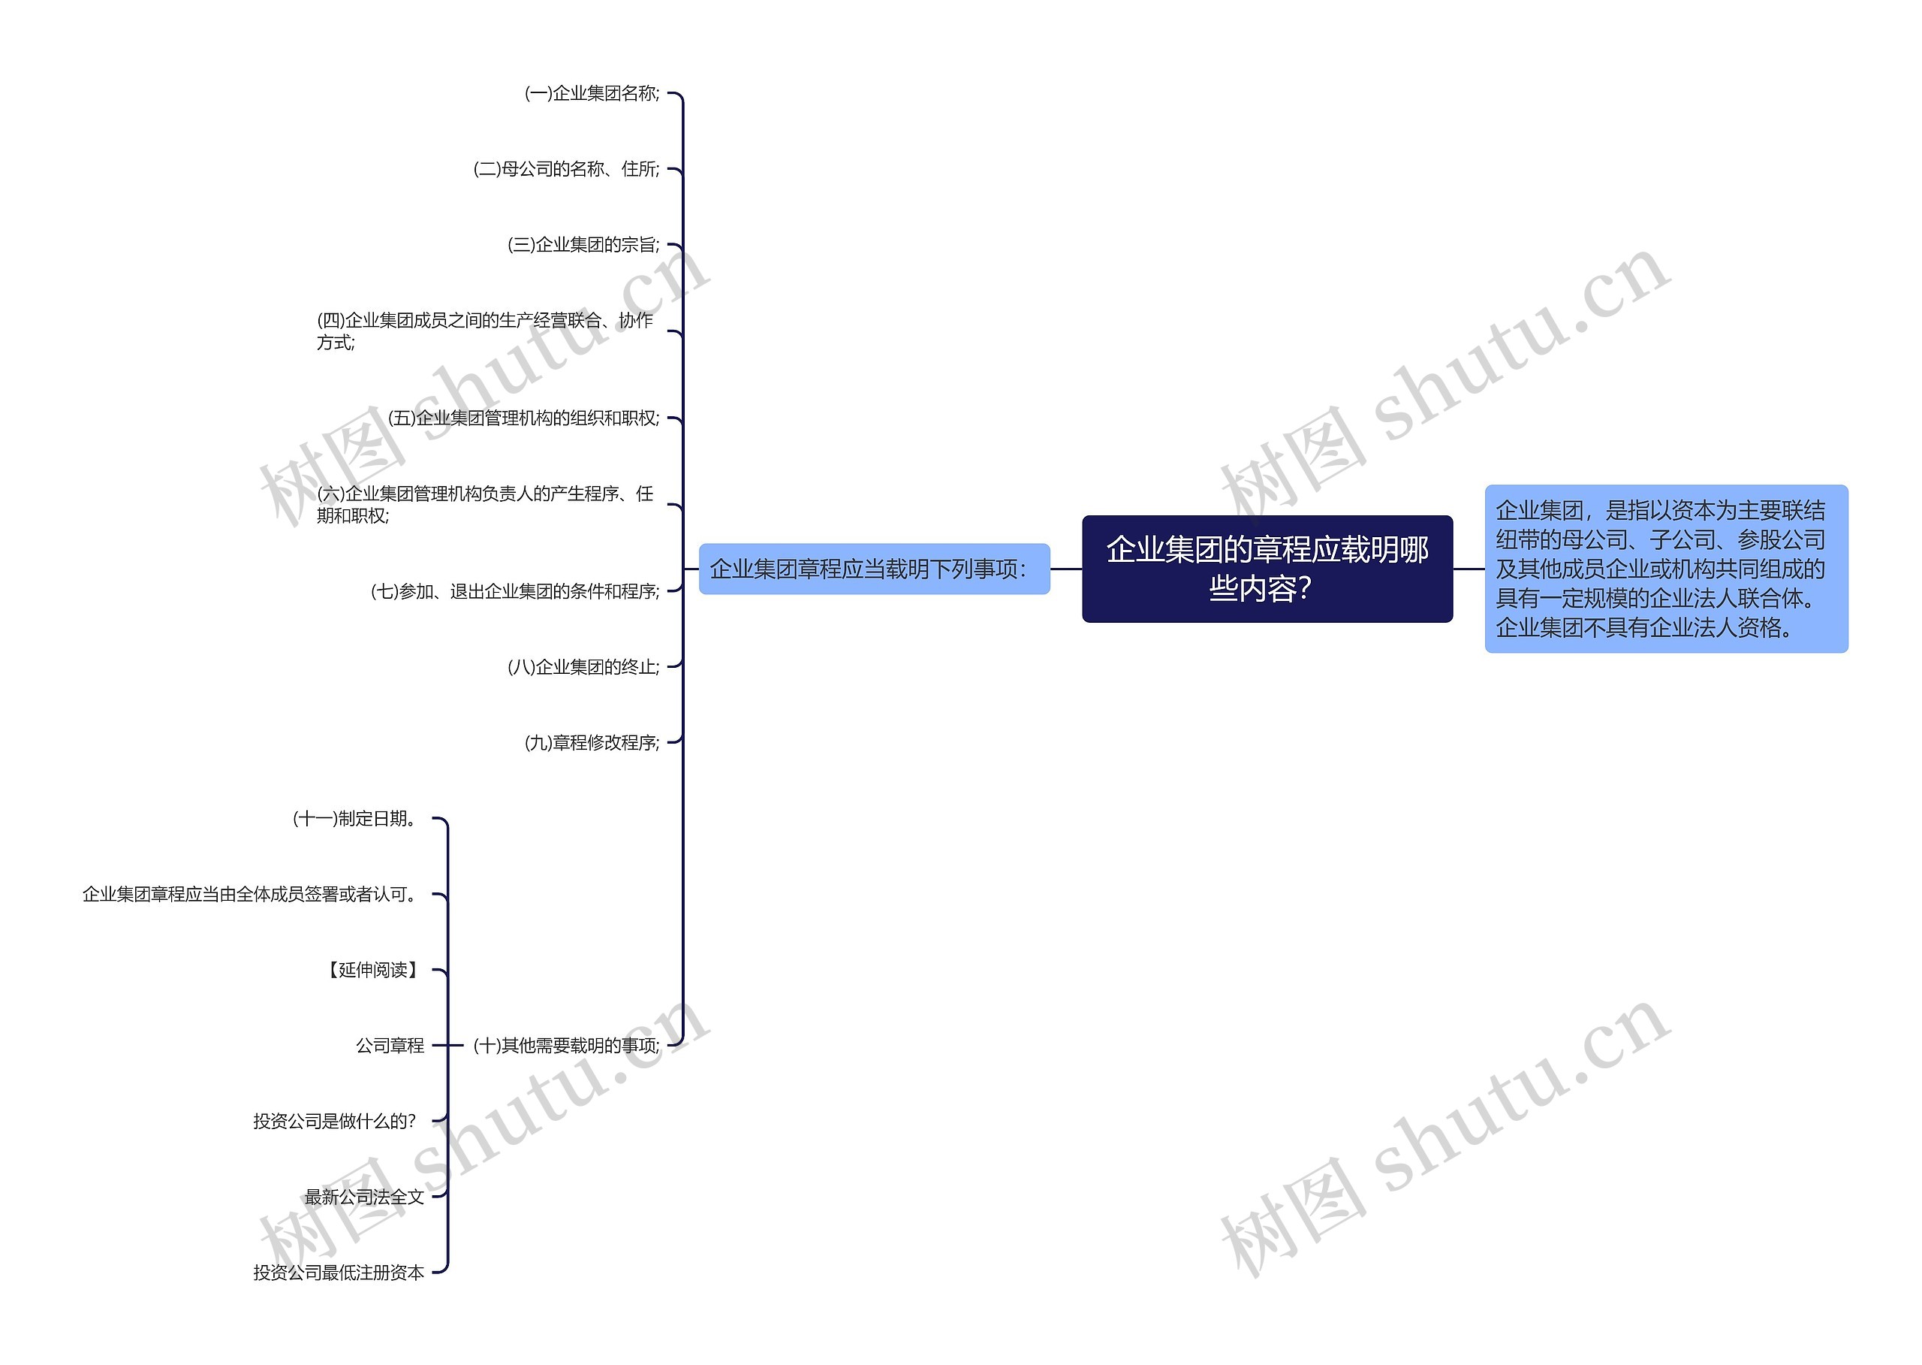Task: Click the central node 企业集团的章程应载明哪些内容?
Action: coord(1267,569)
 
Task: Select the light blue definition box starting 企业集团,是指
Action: coord(1665,569)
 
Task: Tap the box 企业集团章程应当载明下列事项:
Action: coord(874,569)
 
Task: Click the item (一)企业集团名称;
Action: coord(592,93)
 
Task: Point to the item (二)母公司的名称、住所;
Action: coord(566,169)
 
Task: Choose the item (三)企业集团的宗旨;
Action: coord(583,245)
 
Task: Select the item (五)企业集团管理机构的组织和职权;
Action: coord(523,418)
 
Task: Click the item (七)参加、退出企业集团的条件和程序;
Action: coord(515,592)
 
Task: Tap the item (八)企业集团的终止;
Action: coord(583,667)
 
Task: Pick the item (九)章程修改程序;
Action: coord(592,743)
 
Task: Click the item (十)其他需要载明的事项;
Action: coord(566,1046)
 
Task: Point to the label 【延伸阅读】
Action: coord(372,970)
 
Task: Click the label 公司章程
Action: coord(390,1046)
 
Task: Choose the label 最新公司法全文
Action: coord(363,1197)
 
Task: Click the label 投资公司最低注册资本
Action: coord(339,1273)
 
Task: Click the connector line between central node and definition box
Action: coord(1469,569)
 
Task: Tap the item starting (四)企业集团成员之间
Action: coord(485,331)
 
